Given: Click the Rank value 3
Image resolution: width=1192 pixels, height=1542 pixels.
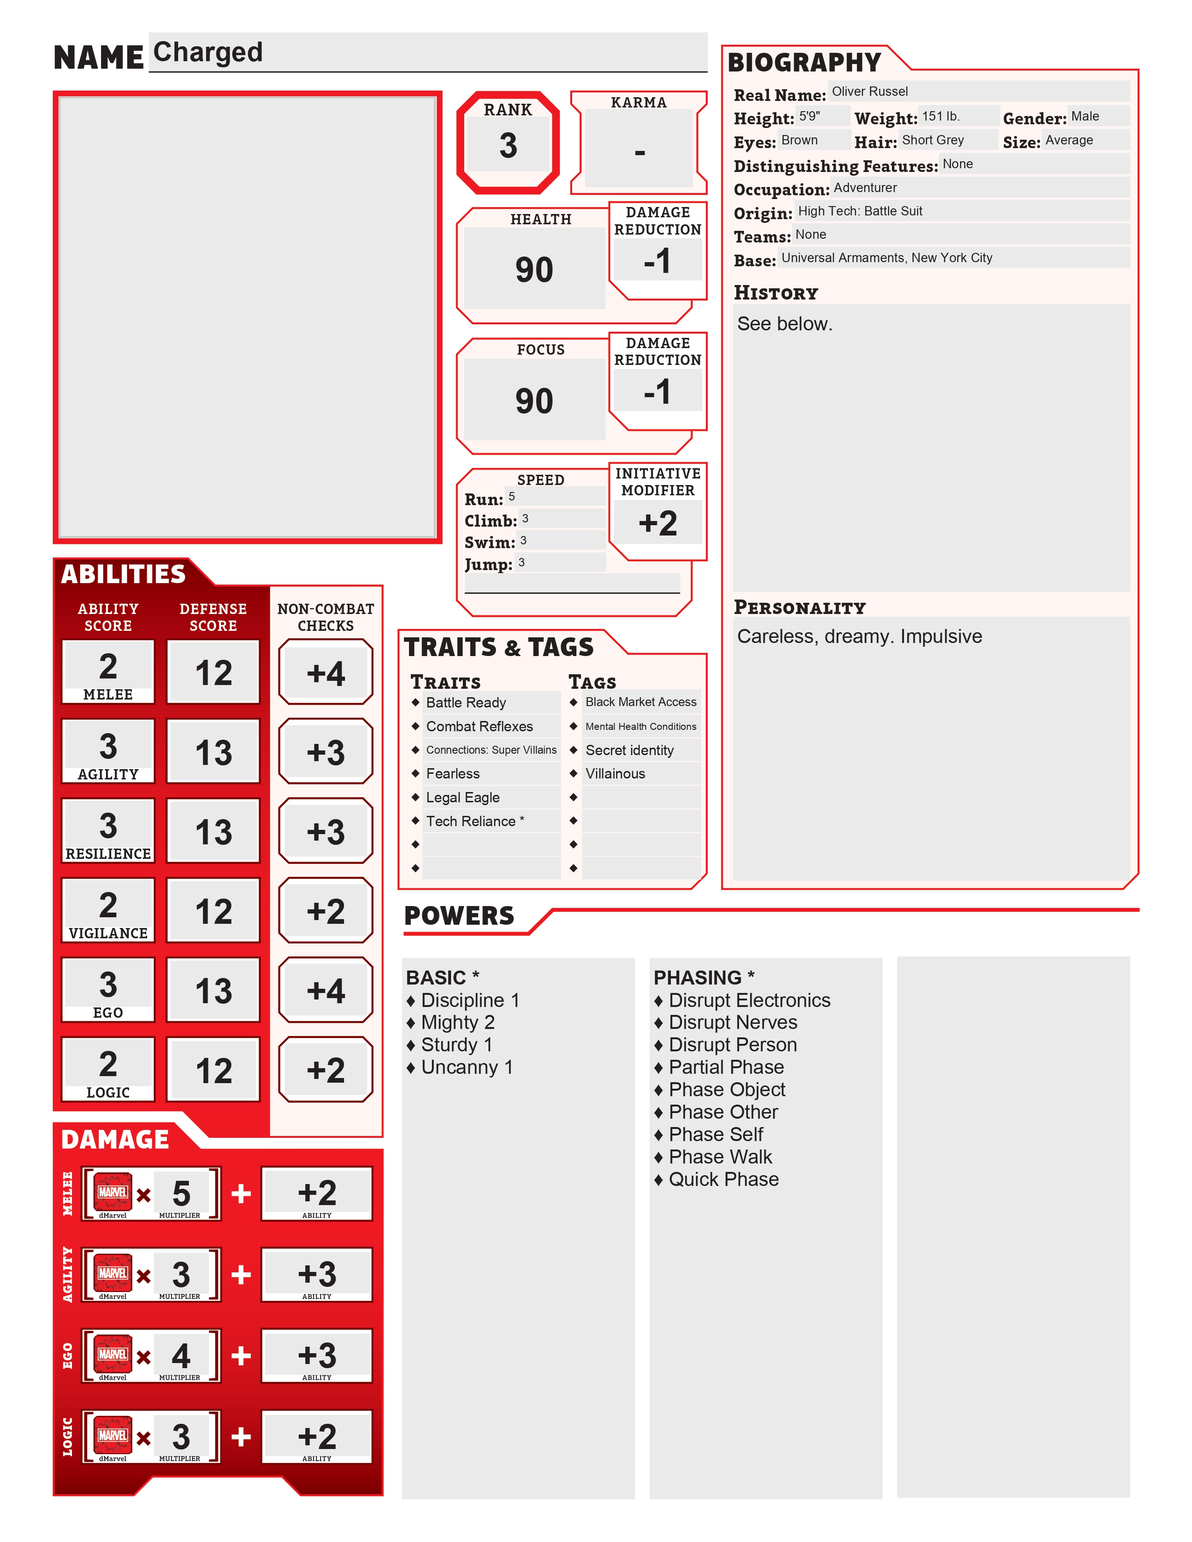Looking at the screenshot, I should point(508,145).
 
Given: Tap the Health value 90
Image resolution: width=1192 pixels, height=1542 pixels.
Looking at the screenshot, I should point(534,270).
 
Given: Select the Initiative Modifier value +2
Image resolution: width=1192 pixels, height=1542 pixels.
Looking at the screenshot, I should point(657,523).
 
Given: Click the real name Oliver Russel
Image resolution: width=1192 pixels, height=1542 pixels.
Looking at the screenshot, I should point(869,92).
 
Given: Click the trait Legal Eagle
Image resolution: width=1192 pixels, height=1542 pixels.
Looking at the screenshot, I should point(462,797).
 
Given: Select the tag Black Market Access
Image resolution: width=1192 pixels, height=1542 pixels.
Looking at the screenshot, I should point(640,702).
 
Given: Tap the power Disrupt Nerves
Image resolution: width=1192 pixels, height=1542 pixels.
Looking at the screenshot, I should point(732,1022).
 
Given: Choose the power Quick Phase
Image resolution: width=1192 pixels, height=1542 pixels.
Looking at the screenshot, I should point(723,1179).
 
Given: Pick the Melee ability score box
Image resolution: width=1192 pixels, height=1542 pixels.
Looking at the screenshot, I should point(108,671).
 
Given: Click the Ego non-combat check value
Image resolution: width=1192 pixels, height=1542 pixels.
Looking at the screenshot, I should point(325,991).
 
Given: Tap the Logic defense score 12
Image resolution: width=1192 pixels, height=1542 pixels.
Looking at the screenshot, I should point(213,1071).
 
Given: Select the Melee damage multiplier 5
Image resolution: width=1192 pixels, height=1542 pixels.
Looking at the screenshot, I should point(181,1193).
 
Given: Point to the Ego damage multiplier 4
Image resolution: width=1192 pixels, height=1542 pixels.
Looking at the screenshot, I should point(181,1356).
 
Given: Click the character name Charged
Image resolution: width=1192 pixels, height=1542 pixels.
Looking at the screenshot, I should point(208,52).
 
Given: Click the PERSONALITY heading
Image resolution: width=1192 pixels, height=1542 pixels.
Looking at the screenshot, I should point(799,607).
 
